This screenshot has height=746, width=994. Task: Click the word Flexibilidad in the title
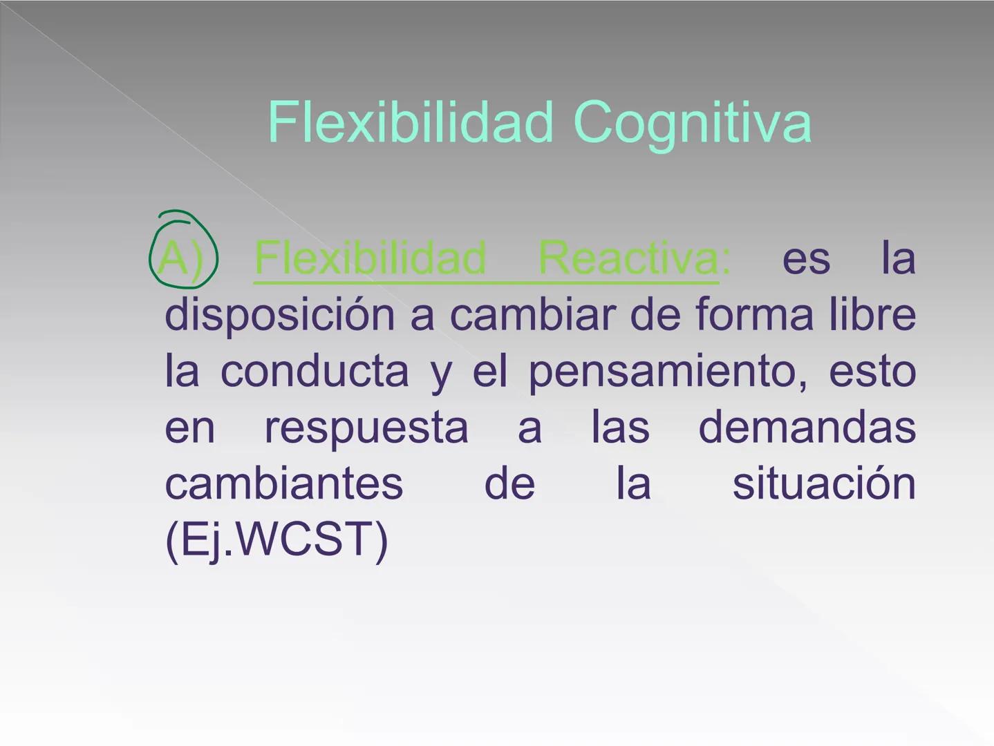point(411,122)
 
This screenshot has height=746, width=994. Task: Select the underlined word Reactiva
point(628,258)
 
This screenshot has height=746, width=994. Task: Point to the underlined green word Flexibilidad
point(371,258)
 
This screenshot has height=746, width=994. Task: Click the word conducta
point(315,372)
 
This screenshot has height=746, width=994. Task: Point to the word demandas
point(807,428)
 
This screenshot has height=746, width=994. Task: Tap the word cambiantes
point(283,484)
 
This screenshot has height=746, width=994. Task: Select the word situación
point(824,484)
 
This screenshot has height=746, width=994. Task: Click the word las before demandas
point(620,428)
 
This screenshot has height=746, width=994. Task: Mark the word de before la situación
point(509,484)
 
